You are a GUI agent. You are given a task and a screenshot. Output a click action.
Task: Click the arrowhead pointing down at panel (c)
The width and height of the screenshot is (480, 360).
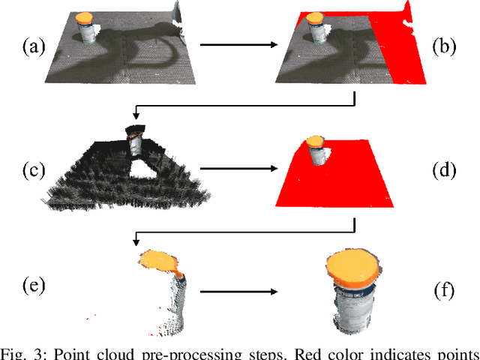136,115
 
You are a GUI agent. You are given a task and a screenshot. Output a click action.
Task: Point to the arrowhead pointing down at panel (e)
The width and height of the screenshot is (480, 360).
136,240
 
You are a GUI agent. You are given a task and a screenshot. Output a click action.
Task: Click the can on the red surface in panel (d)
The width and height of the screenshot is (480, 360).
316,151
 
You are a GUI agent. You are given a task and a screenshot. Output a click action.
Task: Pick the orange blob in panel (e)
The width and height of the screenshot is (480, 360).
159,262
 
